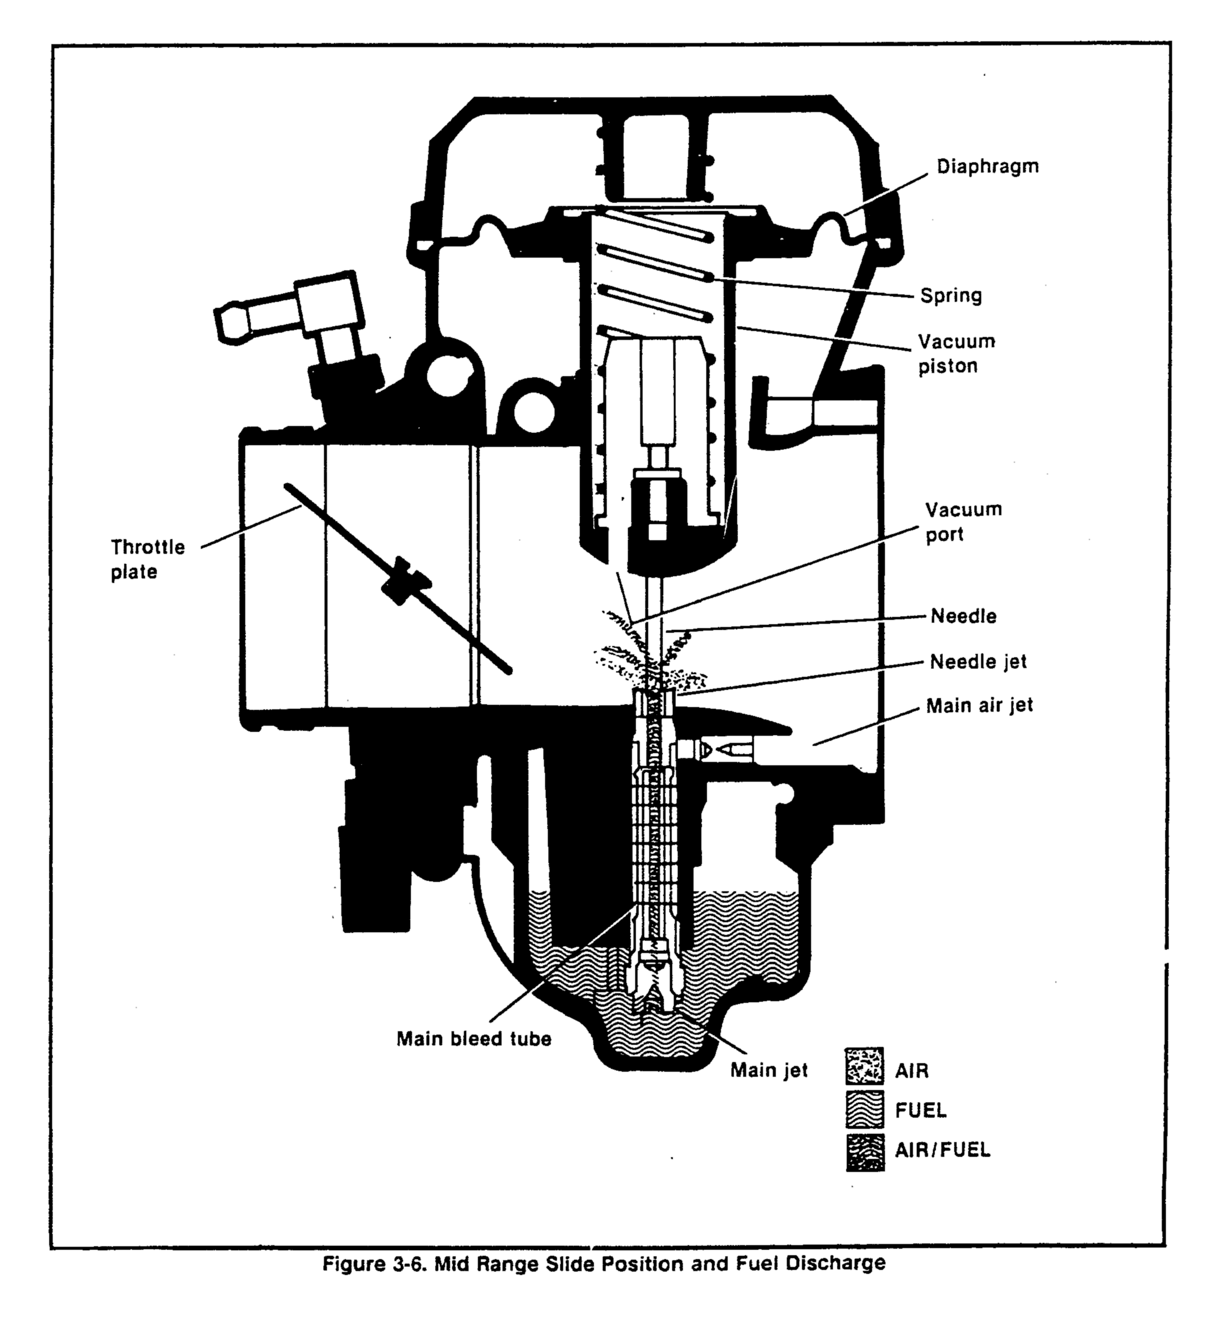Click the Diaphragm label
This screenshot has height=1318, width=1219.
click(987, 166)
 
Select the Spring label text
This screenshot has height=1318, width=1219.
click(950, 295)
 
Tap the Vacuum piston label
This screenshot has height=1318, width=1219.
click(956, 354)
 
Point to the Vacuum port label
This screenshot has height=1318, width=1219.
click(963, 521)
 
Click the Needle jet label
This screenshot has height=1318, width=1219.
click(978, 661)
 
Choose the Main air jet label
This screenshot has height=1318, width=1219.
click(979, 705)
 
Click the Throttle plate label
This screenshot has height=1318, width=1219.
click(147, 559)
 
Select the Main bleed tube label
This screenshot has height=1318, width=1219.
click(473, 1038)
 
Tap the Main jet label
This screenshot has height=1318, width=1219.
click(768, 1070)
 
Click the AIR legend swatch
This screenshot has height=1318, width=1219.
click(864, 1065)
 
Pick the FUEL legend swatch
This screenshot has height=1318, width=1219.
click(864, 1110)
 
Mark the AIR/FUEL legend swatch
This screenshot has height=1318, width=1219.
click(864, 1152)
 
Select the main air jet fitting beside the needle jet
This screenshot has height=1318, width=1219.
click(725, 750)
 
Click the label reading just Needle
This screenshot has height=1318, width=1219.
click(963, 616)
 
